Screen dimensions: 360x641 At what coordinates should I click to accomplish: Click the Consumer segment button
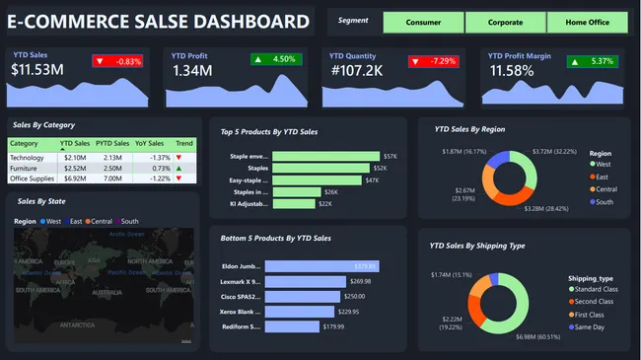click(x=423, y=22)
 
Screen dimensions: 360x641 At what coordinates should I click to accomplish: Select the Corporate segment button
click(x=505, y=22)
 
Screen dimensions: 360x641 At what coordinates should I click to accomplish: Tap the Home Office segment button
click(x=587, y=22)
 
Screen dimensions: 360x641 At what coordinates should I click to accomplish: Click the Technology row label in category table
click(x=28, y=157)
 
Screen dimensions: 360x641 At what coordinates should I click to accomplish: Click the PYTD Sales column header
click(x=114, y=144)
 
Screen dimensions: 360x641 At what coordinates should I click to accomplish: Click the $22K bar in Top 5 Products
click(x=294, y=203)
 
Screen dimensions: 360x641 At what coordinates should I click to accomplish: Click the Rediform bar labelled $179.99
click(x=293, y=326)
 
